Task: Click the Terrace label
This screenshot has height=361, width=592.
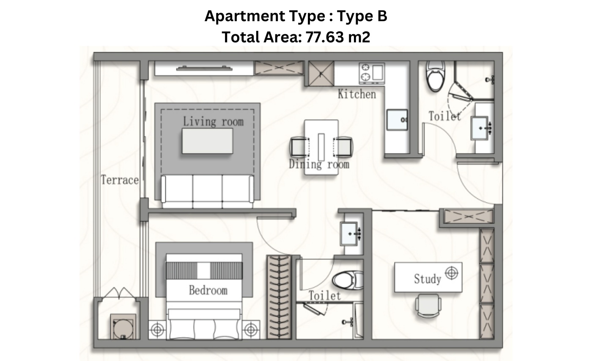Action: coord(120,180)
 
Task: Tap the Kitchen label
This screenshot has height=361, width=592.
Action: coord(357,94)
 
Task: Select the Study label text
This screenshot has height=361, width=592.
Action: coord(428,279)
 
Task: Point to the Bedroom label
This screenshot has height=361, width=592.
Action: coord(208,290)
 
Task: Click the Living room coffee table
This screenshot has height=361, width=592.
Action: coord(208,141)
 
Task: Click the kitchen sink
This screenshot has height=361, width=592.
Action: coord(397,120)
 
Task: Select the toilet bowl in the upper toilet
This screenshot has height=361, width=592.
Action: coord(436,76)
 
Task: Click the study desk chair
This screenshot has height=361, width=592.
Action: coord(428,305)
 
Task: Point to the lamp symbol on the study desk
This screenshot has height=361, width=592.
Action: coord(452,273)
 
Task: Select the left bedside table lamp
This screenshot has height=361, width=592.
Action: coord(157,330)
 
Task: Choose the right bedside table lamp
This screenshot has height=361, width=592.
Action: coord(250,330)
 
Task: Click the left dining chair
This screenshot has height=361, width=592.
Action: coord(299,147)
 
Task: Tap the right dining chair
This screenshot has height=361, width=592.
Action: coord(343,147)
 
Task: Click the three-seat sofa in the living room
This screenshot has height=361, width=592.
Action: coord(208,191)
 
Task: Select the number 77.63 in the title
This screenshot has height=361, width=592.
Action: coord(325,37)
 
